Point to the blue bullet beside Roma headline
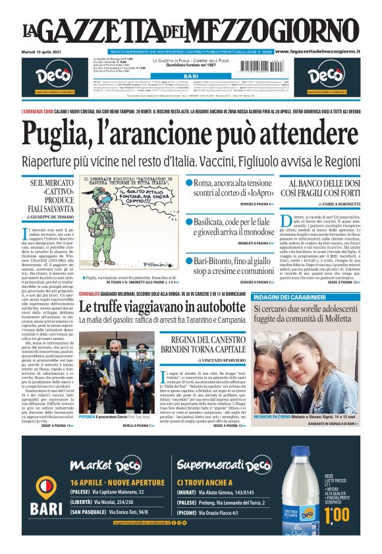189,182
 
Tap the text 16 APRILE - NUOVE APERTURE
107,482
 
